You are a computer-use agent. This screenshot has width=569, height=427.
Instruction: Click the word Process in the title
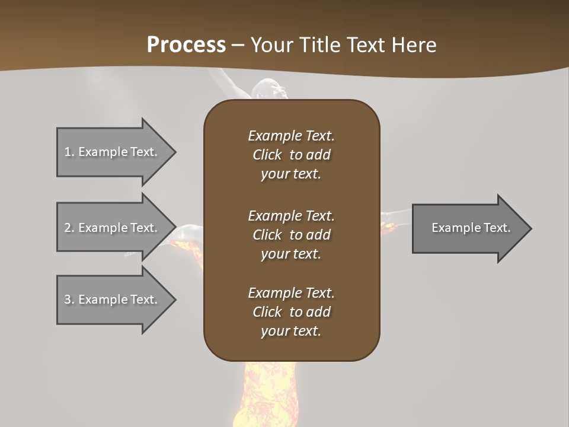pyautogui.click(x=186, y=45)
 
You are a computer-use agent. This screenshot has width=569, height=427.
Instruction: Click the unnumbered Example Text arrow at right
pyautogui.click(x=471, y=228)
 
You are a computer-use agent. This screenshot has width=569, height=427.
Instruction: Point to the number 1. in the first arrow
pyautogui.click(x=69, y=152)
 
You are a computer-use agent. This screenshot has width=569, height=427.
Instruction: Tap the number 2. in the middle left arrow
pyautogui.click(x=69, y=228)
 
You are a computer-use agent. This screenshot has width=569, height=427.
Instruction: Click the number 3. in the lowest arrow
pyautogui.click(x=69, y=299)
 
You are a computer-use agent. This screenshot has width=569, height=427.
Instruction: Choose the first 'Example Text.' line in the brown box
pyautogui.click(x=291, y=136)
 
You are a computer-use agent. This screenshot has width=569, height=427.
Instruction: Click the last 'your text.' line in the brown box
pyautogui.click(x=291, y=331)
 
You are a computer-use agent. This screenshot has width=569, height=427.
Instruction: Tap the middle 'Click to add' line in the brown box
pyautogui.click(x=291, y=235)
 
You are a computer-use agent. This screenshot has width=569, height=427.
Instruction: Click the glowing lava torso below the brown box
pyautogui.click(x=267, y=391)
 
